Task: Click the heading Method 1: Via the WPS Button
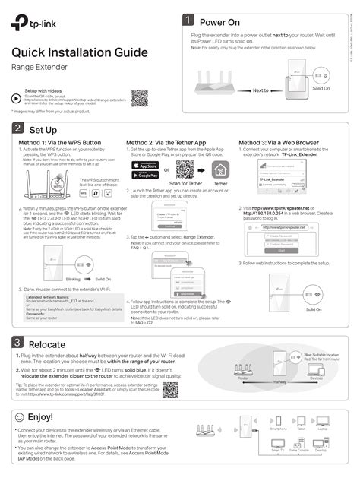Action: pyautogui.click(x=60, y=144)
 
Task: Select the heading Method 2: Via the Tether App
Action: pyautogui.click(x=166, y=144)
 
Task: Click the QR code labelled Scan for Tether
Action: pyautogui.click(x=185, y=169)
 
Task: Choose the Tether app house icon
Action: pyautogui.click(x=221, y=169)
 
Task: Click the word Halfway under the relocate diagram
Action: pyautogui.click(x=279, y=382)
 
